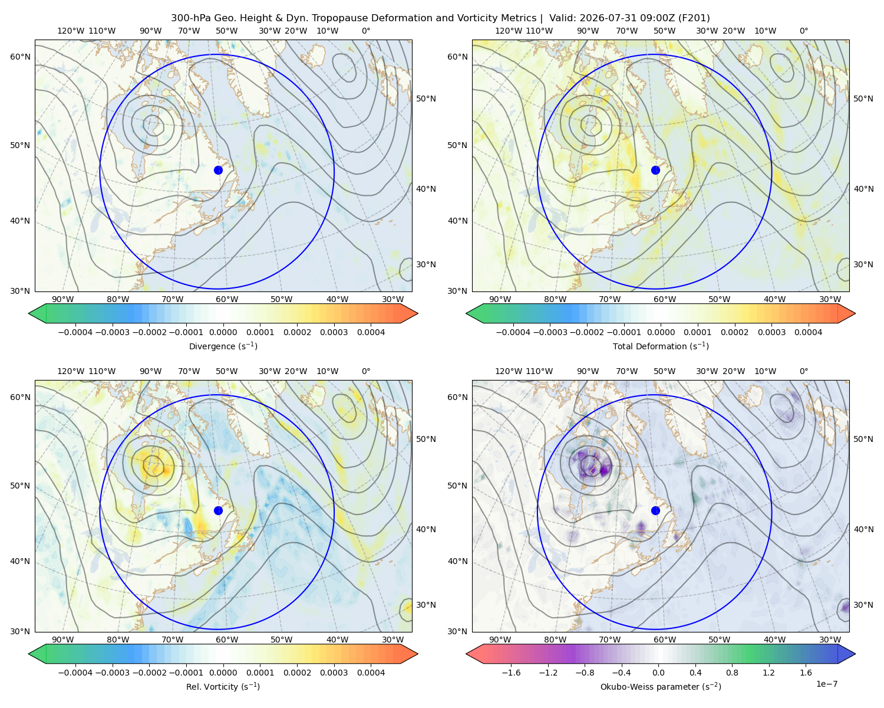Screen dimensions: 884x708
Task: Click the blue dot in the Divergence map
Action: click(x=218, y=170)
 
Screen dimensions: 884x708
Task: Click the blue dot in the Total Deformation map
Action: click(x=655, y=170)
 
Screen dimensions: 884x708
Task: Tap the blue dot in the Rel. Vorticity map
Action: click(x=218, y=510)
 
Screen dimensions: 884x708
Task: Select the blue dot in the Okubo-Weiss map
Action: click(x=655, y=510)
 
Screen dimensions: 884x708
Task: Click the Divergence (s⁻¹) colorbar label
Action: click(x=223, y=346)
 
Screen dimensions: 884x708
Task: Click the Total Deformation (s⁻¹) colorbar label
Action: click(x=661, y=346)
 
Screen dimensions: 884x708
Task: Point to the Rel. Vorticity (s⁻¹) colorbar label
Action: click(x=223, y=686)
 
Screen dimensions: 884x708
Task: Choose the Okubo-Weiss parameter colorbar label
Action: click(x=661, y=686)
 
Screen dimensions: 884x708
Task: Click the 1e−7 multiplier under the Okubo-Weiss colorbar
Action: click(x=826, y=684)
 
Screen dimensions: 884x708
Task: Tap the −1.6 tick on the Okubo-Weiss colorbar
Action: click(x=511, y=672)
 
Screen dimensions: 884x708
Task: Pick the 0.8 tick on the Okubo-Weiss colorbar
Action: click(x=732, y=672)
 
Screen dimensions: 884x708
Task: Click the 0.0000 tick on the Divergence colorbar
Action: click(x=223, y=332)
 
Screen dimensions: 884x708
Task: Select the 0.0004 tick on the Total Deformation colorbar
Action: click(x=808, y=332)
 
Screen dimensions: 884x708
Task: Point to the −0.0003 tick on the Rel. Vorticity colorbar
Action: click(x=112, y=672)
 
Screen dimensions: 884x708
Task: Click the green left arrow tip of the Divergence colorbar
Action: click(x=29, y=313)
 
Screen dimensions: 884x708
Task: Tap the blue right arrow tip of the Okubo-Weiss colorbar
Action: click(x=855, y=654)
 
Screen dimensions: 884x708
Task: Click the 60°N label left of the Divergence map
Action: click(x=20, y=57)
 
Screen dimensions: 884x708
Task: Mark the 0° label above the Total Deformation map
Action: click(x=803, y=31)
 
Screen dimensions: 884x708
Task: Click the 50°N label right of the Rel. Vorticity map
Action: click(x=426, y=439)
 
